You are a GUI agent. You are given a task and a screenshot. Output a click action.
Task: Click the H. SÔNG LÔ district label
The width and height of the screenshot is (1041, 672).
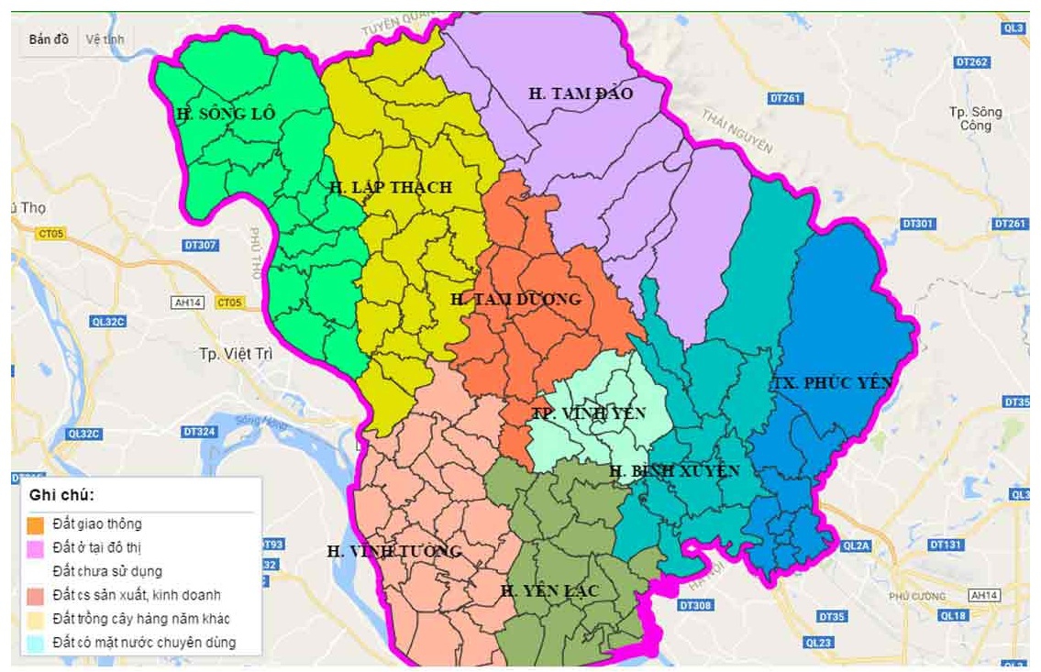[226, 115]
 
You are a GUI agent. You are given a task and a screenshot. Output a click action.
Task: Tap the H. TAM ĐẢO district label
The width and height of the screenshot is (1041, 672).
[581, 93]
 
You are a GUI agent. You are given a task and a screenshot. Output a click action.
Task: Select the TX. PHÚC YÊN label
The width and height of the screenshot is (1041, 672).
[831, 382]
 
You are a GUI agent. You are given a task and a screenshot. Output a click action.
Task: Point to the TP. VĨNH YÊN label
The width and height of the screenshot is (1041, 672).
[589, 413]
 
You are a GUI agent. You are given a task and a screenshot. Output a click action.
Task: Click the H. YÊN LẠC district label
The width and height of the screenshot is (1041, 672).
[549, 591]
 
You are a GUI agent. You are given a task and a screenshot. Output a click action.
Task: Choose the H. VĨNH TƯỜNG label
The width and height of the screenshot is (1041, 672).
[393, 551]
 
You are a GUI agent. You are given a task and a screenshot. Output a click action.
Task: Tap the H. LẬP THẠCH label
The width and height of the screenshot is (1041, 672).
[390, 187]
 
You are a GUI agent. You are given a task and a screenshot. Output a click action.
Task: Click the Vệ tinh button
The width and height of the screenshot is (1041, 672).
[105, 39]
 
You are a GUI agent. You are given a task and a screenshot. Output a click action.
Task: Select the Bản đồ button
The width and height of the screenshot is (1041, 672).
[49, 39]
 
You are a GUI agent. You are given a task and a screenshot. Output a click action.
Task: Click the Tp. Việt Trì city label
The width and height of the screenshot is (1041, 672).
[236, 354]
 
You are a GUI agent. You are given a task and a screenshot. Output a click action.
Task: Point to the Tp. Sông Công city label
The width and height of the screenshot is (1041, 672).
[976, 118]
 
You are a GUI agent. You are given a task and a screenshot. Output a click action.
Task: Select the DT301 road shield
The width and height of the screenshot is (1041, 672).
[917, 224]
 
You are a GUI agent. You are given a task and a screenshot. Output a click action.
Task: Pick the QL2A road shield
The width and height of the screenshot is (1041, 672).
[854, 545]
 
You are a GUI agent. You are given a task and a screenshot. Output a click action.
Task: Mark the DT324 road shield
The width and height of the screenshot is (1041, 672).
[198, 431]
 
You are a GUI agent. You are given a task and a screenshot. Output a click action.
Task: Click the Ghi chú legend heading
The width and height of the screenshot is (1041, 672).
[62, 495]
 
